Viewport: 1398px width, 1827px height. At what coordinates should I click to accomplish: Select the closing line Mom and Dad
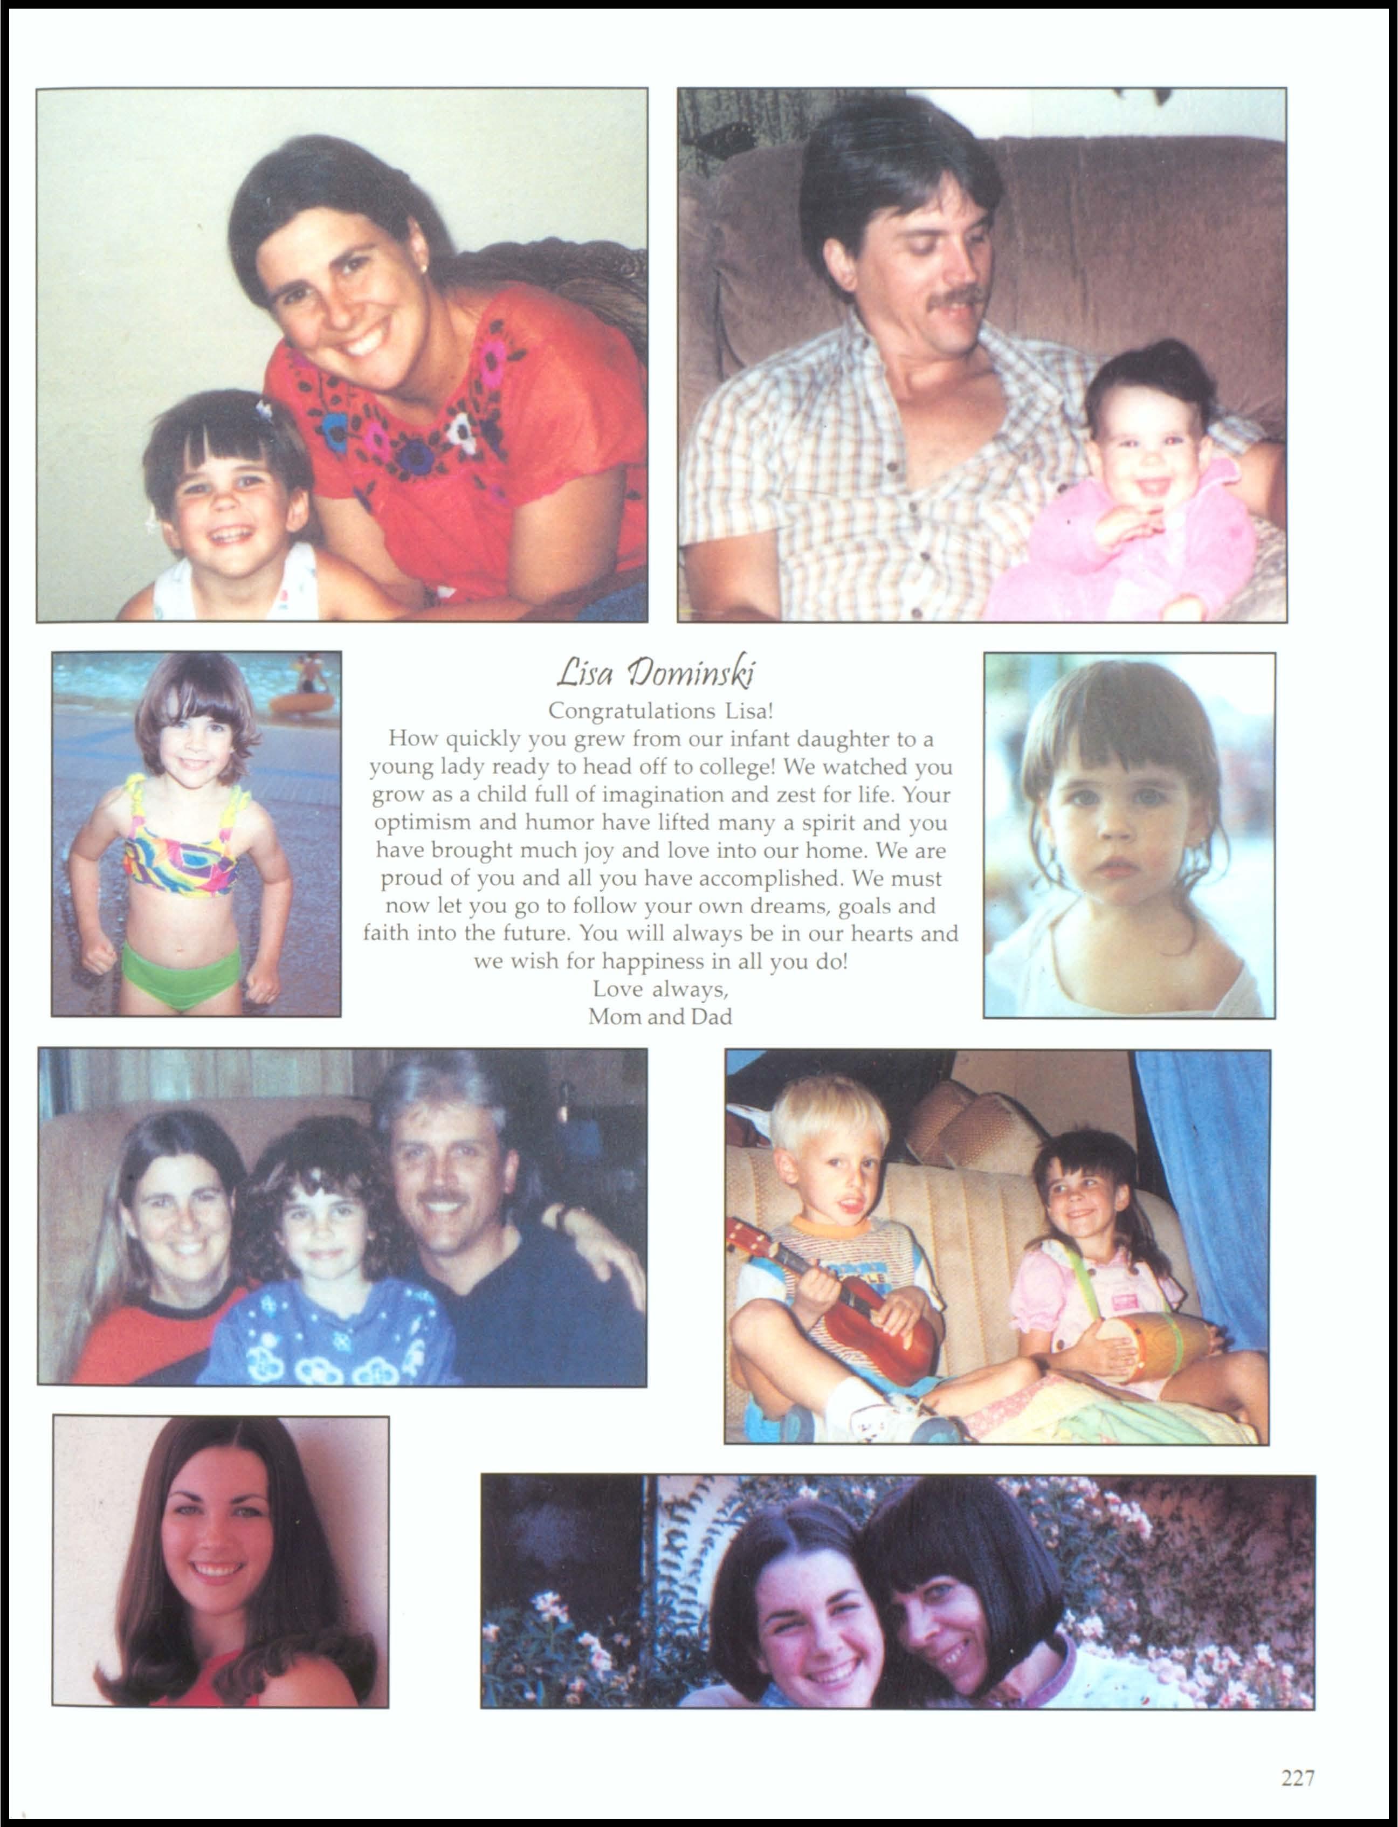tap(660, 1017)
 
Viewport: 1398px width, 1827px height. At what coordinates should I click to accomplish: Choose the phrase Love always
tap(660, 989)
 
